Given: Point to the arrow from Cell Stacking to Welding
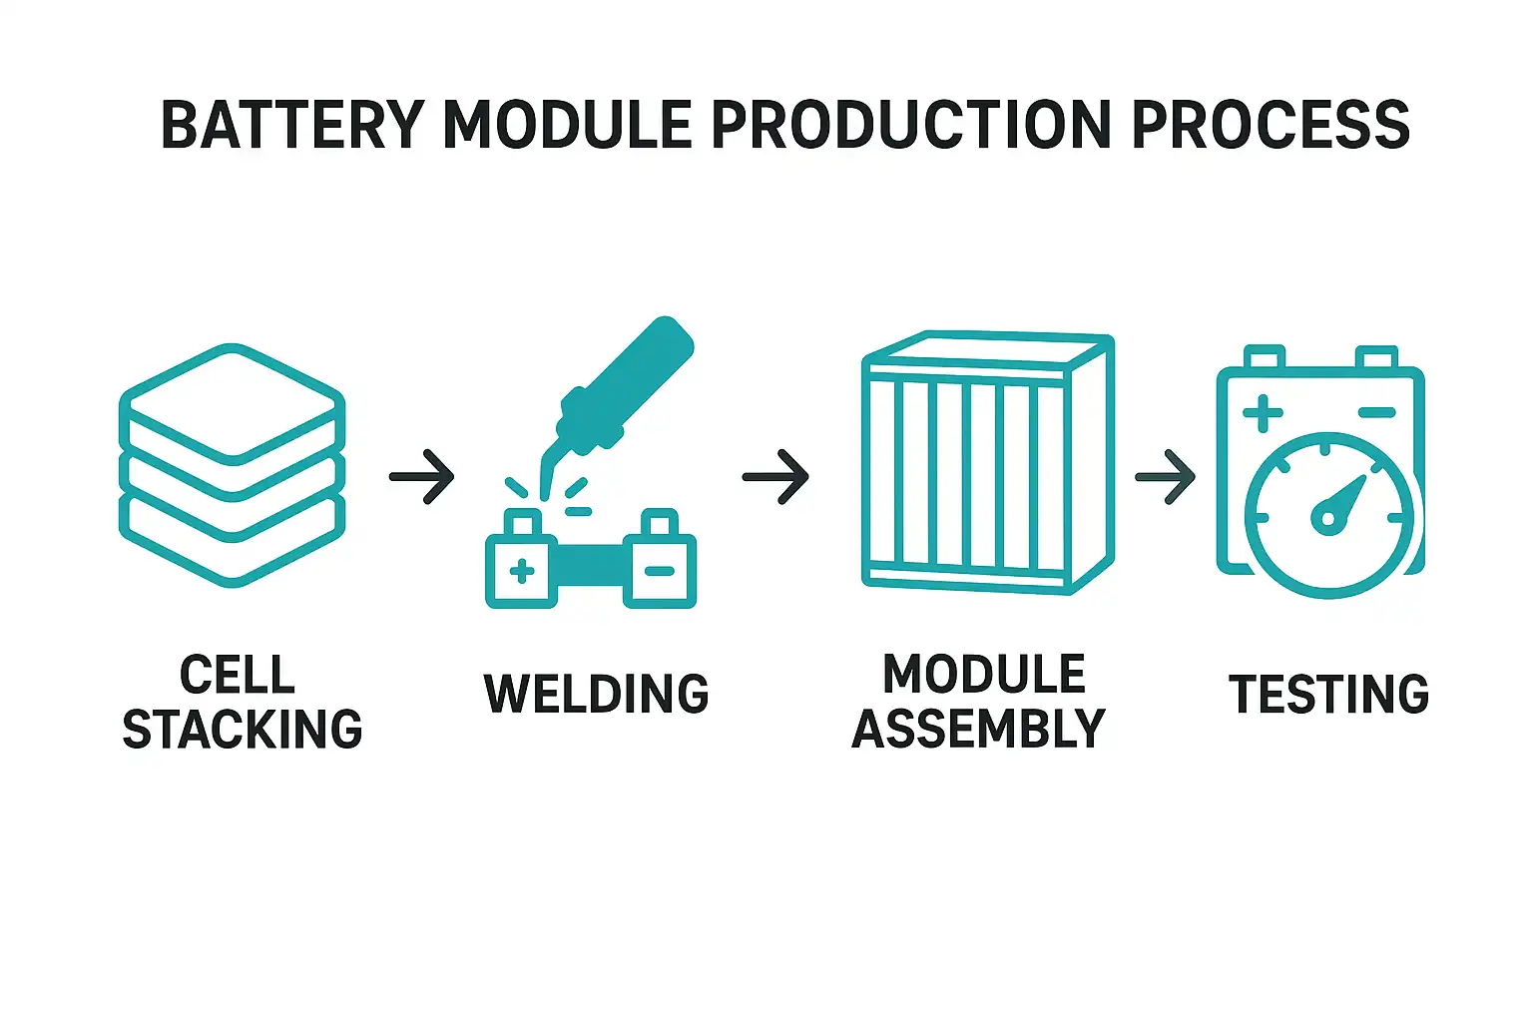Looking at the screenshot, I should point(422,476).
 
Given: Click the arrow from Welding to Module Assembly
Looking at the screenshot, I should point(775,476).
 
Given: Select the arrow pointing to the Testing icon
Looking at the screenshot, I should point(1166,476).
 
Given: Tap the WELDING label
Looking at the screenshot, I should point(596,694).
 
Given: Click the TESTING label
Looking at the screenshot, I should point(1328,694).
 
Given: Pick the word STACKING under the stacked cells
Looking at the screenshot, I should point(242,730).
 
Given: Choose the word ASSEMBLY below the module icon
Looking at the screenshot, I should point(978,730).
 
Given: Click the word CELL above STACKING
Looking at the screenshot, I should point(238,675).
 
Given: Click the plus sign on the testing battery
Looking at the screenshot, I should point(1263,412).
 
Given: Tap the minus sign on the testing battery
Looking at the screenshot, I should point(1376,412).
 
